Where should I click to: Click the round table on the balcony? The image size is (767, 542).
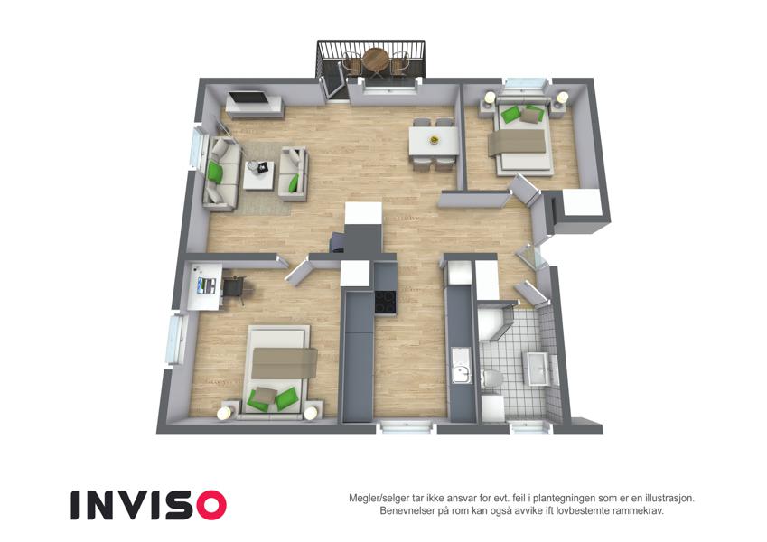[375, 59]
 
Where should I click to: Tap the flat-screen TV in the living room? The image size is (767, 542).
[249, 97]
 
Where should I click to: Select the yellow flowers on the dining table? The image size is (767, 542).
[434, 140]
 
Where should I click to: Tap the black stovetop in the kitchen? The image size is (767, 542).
[386, 303]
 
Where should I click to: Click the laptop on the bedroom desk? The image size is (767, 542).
[205, 285]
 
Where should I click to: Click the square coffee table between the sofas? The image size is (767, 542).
[258, 175]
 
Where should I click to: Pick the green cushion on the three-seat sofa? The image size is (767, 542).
[215, 172]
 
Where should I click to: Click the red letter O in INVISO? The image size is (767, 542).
[210, 505]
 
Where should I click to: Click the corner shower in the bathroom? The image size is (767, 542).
[494, 322]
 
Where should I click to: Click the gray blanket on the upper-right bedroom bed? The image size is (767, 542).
[518, 142]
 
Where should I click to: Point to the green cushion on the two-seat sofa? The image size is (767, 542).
[294, 183]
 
